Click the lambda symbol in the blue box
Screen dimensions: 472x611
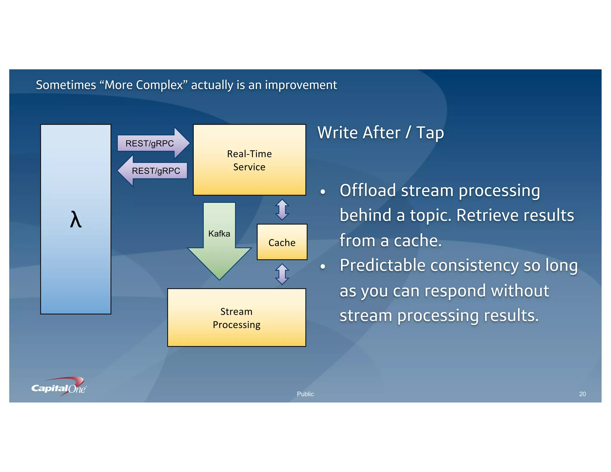point(76,219)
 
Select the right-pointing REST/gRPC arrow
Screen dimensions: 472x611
point(152,144)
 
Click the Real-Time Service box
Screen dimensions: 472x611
point(249,160)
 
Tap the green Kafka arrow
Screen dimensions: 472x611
point(219,239)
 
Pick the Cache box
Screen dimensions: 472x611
point(282,242)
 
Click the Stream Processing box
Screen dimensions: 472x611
point(237,318)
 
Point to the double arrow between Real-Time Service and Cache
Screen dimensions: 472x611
point(282,210)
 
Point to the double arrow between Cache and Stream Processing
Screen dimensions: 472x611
point(282,274)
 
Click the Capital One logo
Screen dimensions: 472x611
point(59,387)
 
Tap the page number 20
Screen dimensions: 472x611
point(582,394)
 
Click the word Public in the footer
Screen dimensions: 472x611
point(305,394)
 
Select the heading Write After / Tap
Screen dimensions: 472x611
point(380,132)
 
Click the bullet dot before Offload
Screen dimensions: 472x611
point(323,192)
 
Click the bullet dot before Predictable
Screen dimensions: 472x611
point(323,266)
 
